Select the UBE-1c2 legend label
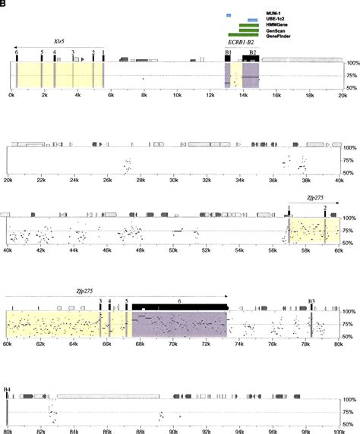(277, 20)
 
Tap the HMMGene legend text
(278, 26)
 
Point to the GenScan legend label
(276, 31)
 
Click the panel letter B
(4, 4)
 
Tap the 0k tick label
(11, 96)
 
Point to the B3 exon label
(311, 300)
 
